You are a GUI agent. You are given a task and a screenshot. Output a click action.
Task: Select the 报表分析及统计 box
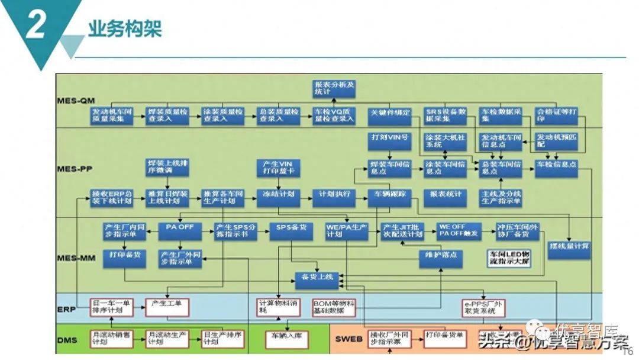(x=334, y=88)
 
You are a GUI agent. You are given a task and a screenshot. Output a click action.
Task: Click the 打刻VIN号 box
(x=389, y=138)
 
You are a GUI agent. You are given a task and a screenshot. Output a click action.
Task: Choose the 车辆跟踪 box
(x=389, y=194)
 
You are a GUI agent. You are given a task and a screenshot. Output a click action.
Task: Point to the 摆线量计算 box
(x=569, y=246)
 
